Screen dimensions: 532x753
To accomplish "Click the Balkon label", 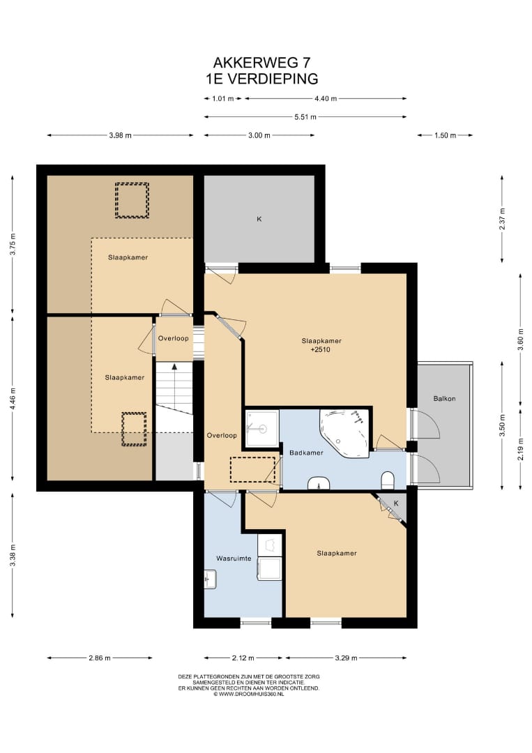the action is pos(444,399).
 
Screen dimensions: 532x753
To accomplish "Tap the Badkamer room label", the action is pos(306,452).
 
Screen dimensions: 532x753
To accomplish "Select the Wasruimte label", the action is pos(234,558).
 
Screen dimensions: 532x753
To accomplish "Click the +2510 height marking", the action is pos(320,349).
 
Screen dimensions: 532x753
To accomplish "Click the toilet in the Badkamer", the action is pos(388,479).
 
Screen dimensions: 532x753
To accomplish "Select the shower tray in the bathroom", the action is pos(262,428).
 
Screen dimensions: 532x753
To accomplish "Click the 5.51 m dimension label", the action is pos(305,116).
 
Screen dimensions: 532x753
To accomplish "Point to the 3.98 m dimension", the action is pos(120,135).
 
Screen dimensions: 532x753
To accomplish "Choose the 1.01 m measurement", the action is pos(223,98).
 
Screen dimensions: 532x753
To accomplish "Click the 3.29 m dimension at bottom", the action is pos(347,658).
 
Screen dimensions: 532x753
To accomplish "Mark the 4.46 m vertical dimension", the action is pos(13,397).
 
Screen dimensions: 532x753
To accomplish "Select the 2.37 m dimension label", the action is pos(502,219).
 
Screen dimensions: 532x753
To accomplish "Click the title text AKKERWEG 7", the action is pos(261,63).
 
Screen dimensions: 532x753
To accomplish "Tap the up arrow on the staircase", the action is pos(175,367).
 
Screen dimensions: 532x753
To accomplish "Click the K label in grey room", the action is pos(259,219).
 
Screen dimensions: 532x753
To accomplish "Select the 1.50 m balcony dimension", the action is pos(445,135).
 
